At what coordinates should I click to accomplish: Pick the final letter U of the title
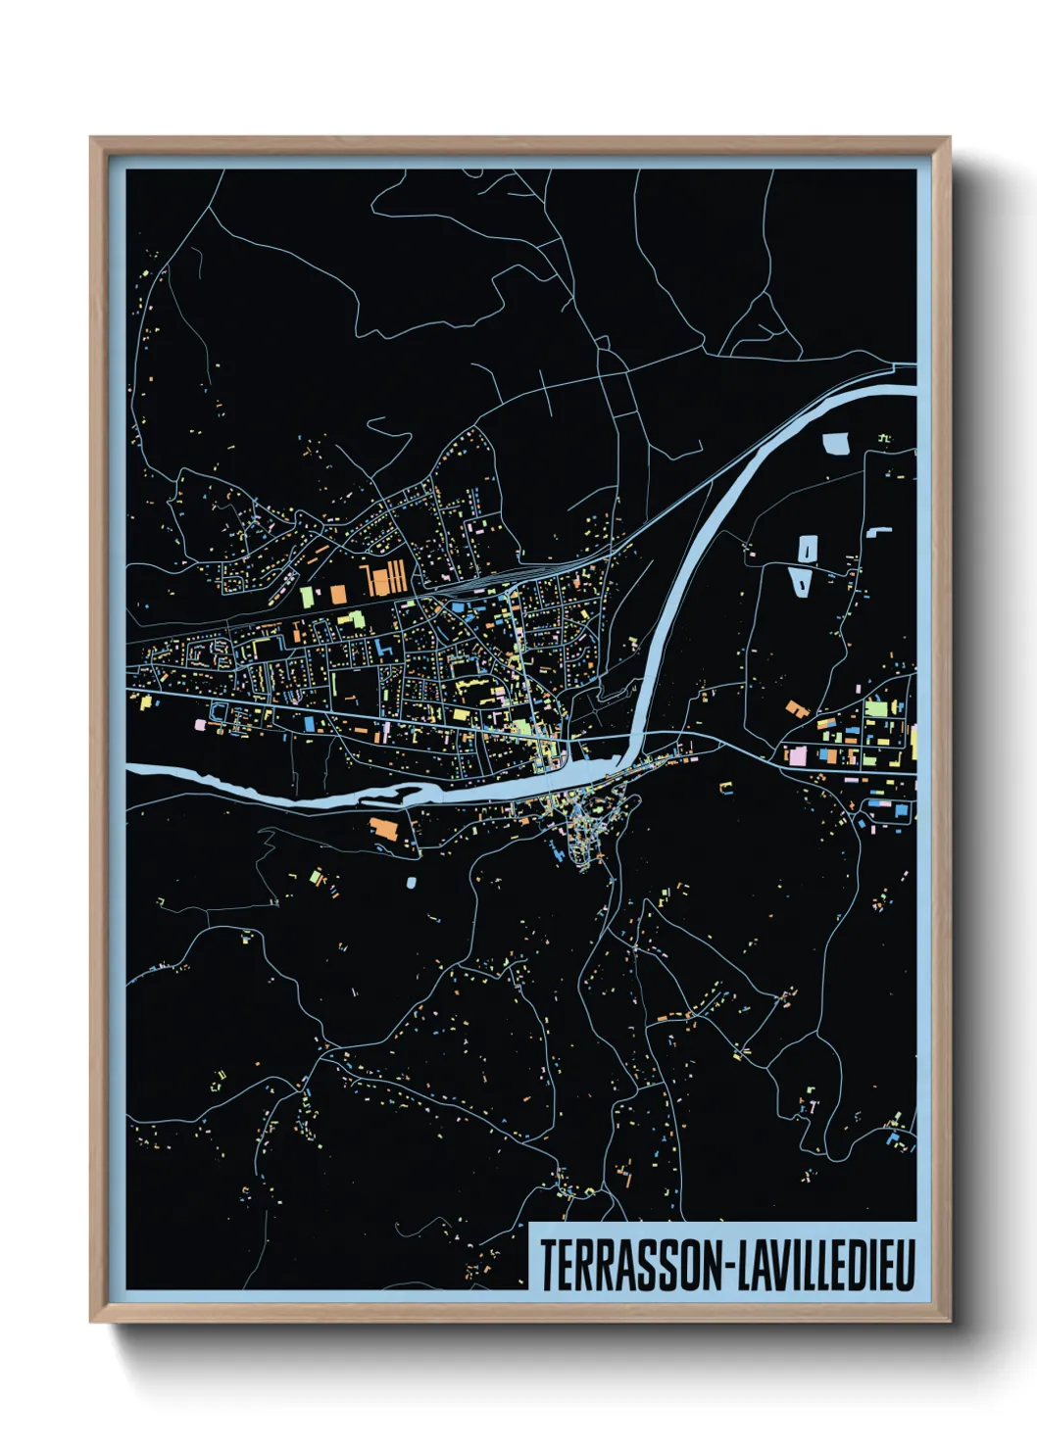click(x=905, y=1265)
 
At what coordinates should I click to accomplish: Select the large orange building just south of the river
click(x=384, y=829)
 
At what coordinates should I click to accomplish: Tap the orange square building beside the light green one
click(x=337, y=593)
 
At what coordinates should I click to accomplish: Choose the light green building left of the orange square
click(x=306, y=595)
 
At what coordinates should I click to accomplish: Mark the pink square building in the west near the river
click(x=200, y=725)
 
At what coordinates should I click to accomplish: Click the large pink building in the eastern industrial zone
click(x=798, y=755)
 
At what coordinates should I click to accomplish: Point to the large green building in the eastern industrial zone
click(x=875, y=707)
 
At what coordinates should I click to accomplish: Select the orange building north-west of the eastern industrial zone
click(x=794, y=706)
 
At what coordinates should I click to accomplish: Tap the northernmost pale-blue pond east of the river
click(x=836, y=444)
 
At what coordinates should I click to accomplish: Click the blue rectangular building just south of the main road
click(x=309, y=724)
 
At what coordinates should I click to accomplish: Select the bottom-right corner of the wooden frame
click(x=948, y=1320)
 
